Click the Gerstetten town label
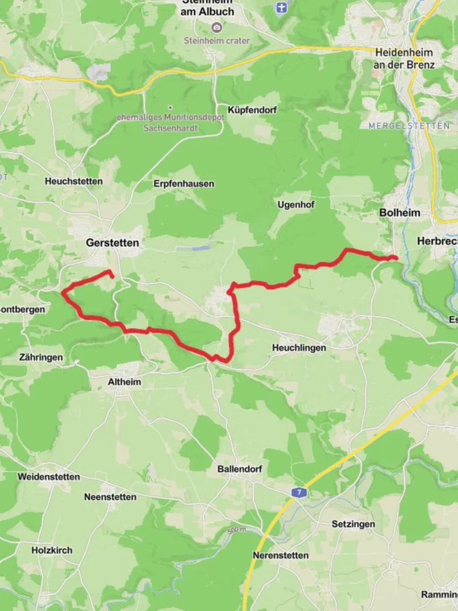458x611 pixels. pos(112,243)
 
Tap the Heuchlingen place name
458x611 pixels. pos(299,348)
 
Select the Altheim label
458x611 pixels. pos(124,382)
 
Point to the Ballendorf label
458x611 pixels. pos(240,469)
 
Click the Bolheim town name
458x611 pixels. pos(400,213)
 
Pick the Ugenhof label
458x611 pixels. pos(296,204)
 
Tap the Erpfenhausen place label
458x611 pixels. pos(184,184)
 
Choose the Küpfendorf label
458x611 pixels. pos(252,110)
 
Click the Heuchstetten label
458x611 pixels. pos(74,181)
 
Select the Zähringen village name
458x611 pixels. pos(41,358)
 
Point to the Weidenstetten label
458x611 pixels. pos(49,476)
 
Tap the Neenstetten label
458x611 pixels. pos(110,497)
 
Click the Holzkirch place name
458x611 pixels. pos(51,549)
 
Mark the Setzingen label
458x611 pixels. pos(353,524)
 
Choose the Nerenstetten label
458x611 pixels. pos(281,555)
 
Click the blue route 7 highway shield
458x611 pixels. pos(299,492)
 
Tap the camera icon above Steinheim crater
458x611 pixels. pos(217,27)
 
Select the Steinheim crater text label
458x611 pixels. pos(217,40)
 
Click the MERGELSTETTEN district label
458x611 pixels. pos(409,126)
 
